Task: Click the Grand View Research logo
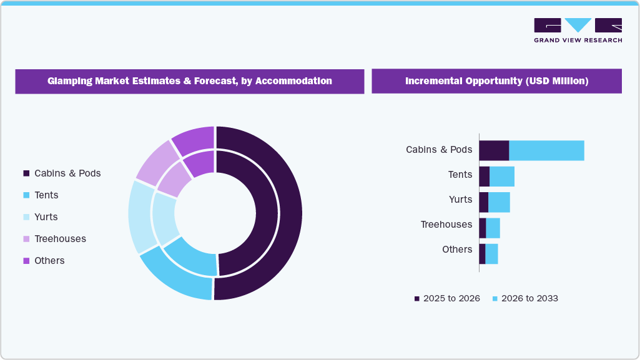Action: (x=578, y=30)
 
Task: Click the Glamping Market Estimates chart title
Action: (x=189, y=81)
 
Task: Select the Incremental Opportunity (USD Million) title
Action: (x=496, y=81)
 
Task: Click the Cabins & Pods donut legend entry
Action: (x=62, y=173)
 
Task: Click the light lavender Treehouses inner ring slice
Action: (x=175, y=178)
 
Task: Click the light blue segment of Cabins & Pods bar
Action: (x=546, y=150)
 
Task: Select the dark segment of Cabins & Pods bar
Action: (x=494, y=150)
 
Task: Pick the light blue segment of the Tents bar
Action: (x=502, y=177)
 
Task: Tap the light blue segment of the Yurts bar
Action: (x=499, y=202)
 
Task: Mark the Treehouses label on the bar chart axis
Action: (x=446, y=225)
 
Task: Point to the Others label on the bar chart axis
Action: (x=457, y=250)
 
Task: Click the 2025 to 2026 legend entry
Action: (x=447, y=298)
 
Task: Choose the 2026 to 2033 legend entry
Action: (x=525, y=298)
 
